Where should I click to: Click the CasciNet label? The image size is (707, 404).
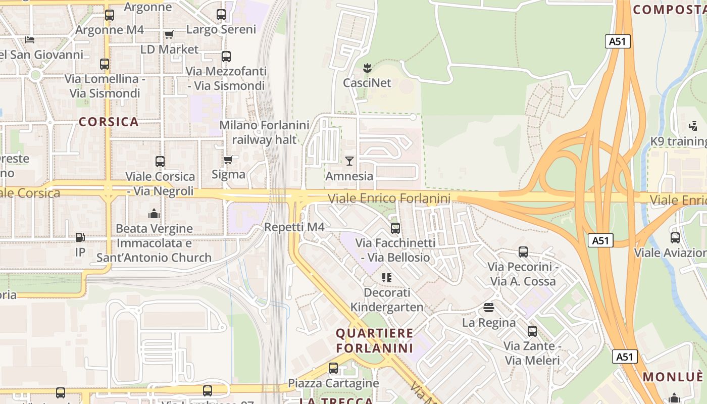coord(367,82)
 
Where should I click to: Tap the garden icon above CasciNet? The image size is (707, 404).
coord(367,67)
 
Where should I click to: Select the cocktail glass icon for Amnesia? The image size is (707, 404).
coord(349,161)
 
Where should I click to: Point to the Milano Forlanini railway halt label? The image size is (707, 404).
coord(264,132)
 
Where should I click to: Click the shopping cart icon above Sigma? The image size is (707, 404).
coord(228,160)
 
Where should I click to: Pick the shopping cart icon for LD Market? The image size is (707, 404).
coord(169,34)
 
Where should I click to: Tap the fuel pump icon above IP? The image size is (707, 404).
coord(80,237)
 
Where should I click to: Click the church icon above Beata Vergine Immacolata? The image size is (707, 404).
coord(154,214)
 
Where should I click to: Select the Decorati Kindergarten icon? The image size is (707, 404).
coord(387,277)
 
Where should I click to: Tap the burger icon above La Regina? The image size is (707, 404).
coord(488,307)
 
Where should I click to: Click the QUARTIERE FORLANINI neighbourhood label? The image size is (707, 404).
coord(374,340)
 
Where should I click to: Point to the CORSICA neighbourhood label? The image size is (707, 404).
coord(109,122)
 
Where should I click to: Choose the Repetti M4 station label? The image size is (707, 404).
coord(294,227)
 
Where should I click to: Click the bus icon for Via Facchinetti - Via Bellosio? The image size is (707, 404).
coord(395,228)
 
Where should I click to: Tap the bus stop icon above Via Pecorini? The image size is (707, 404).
coord(523,251)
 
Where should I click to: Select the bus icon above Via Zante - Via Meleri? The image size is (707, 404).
coord(532,331)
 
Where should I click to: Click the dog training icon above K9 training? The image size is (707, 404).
coord(693,126)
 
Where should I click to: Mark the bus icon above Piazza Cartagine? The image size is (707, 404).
coord(333,368)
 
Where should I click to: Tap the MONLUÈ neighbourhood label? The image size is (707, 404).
coord(673,377)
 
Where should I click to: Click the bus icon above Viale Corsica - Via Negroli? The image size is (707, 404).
coord(160,162)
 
